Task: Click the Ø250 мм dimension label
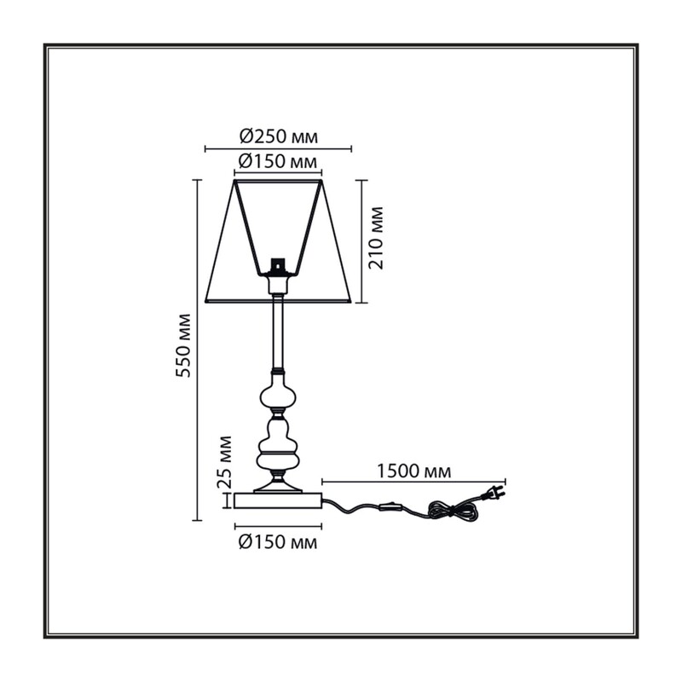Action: coord(279,136)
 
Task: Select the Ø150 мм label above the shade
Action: coord(278,162)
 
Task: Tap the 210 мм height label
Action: coord(376,238)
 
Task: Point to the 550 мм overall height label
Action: coord(183,345)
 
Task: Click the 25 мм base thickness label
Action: coord(225,461)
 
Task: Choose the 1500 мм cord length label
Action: coord(413,471)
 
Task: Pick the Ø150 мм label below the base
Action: coord(278,542)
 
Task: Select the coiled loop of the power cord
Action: coord(454,510)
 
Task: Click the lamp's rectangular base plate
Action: coord(278,500)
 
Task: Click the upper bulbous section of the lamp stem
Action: coord(278,392)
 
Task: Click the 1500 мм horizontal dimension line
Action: coord(413,482)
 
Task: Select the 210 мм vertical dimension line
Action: coord(361,241)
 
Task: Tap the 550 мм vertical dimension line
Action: coord(197,350)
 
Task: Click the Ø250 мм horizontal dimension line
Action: coord(278,149)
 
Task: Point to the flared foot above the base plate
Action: coord(278,484)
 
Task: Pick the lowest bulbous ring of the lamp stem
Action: coord(278,461)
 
